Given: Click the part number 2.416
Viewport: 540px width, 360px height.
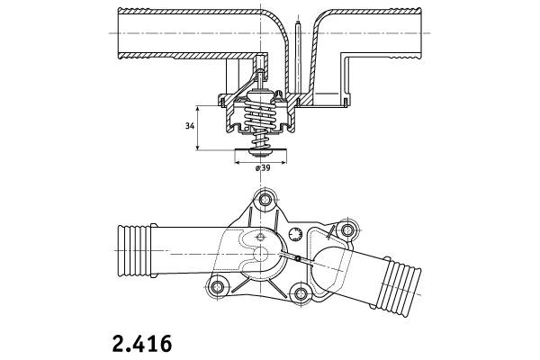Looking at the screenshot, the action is pyautogui.click(x=142, y=344).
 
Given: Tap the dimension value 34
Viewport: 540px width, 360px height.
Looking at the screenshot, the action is pyautogui.click(x=190, y=126).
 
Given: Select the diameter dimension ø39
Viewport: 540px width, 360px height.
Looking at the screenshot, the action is pyautogui.click(x=263, y=168).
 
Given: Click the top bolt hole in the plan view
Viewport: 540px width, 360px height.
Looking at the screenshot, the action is pyautogui.click(x=265, y=200).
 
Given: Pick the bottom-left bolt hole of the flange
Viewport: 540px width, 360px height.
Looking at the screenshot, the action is pyautogui.click(x=217, y=286).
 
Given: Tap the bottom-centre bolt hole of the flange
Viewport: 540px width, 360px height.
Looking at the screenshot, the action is pyautogui.click(x=301, y=293).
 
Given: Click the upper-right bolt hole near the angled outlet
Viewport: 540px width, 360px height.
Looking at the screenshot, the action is pyautogui.click(x=347, y=229).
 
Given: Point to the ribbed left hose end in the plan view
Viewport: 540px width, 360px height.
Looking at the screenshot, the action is pyautogui.click(x=134, y=251).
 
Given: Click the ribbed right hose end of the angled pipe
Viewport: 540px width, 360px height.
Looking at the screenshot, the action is pyautogui.click(x=400, y=286).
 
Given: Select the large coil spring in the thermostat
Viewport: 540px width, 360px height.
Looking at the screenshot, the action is pyautogui.click(x=260, y=113).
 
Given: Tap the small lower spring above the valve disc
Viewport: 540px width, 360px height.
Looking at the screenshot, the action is pyautogui.click(x=260, y=140).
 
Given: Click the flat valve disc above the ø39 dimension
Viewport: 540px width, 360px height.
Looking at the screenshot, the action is pyautogui.click(x=260, y=151).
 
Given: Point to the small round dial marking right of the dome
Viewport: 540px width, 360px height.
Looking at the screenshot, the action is pyautogui.click(x=295, y=235).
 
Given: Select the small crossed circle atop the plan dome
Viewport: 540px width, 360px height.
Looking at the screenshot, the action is pyautogui.click(x=260, y=237).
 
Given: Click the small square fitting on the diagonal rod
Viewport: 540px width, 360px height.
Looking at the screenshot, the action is pyautogui.click(x=298, y=258).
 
